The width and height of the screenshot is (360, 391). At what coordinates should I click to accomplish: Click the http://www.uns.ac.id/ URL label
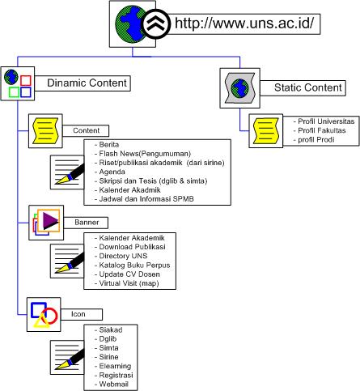[244, 23]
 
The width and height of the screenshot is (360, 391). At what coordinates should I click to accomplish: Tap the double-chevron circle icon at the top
[156, 23]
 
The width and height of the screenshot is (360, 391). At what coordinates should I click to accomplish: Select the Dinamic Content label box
[83, 83]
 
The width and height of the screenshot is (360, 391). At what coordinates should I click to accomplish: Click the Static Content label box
[303, 87]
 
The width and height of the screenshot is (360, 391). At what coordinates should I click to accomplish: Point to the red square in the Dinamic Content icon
[26, 80]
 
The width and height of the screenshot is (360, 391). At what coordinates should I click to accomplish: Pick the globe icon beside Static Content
[240, 88]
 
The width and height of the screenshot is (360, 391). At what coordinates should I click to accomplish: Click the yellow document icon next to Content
[45, 131]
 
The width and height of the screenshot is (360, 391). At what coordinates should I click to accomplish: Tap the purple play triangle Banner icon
[50, 221]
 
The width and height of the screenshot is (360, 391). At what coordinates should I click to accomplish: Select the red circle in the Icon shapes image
[50, 316]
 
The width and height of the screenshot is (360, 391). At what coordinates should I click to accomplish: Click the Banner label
[87, 223]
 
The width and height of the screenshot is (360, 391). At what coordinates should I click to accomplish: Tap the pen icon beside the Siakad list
[67, 357]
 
